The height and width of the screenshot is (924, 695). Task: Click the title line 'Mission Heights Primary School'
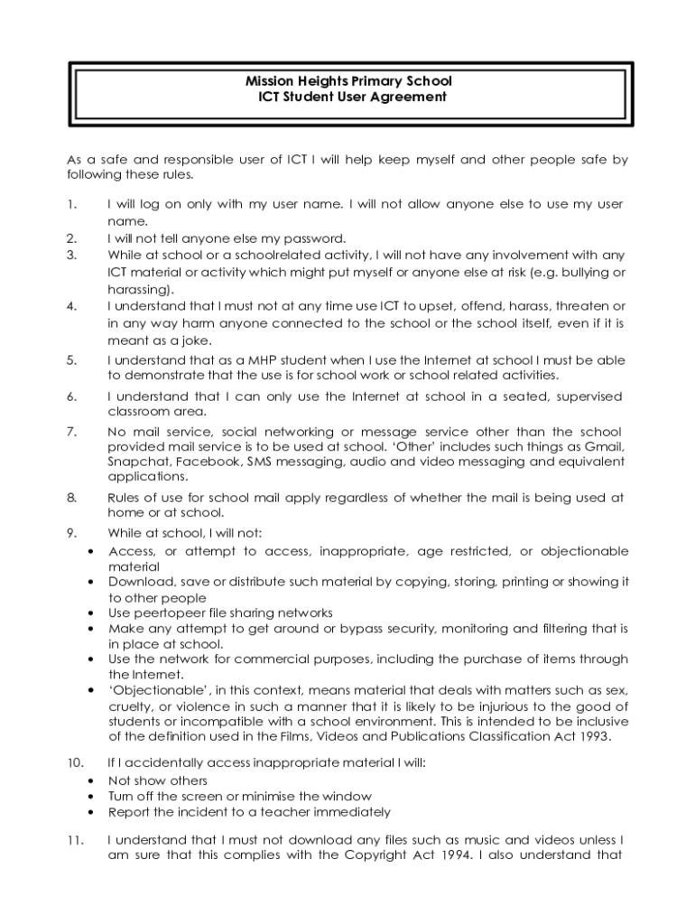(347, 81)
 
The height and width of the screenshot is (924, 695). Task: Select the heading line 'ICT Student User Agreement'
(347, 97)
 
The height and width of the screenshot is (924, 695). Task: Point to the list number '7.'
(72, 431)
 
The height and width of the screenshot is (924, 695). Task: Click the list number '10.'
(76, 763)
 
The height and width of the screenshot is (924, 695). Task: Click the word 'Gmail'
(606, 447)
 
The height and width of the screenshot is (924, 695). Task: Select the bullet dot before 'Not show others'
(90, 781)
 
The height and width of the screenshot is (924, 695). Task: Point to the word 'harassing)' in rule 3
(140, 290)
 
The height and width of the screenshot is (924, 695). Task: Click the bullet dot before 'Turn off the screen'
(90, 797)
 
